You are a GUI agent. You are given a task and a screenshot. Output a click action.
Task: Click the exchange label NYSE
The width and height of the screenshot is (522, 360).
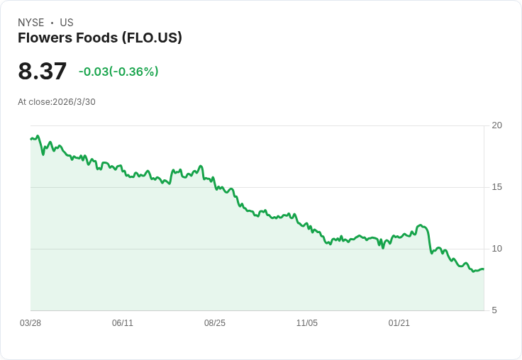click(x=31, y=23)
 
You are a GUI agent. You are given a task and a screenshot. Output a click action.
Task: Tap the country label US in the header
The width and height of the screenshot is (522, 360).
click(x=67, y=23)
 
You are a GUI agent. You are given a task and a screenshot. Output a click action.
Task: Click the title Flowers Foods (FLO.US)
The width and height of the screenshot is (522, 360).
click(x=100, y=38)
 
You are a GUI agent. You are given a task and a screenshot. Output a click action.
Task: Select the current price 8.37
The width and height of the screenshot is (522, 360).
click(x=43, y=72)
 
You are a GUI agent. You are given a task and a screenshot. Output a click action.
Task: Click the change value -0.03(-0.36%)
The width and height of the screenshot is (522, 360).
click(x=118, y=72)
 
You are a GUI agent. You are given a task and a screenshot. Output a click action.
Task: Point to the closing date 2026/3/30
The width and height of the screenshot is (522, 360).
click(x=74, y=102)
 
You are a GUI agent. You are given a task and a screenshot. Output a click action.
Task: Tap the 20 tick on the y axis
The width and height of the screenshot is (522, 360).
click(x=496, y=125)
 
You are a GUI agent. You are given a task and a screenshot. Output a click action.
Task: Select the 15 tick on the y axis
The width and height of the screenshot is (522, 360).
click(x=496, y=187)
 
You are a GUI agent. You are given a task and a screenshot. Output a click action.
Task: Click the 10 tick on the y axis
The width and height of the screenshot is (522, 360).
click(x=496, y=249)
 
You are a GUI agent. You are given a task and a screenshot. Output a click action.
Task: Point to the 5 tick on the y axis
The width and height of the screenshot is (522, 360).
click(x=494, y=310)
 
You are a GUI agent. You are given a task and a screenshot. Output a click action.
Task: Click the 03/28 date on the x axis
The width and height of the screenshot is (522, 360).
click(x=30, y=323)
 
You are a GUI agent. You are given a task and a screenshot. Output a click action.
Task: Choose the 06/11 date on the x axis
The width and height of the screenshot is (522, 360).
click(x=123, y=323)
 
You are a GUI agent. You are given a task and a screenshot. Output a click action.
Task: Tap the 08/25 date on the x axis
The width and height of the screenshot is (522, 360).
click(x=215, y=323)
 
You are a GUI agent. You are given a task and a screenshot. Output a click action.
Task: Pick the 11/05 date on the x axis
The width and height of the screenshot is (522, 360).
click(x=307, y=323)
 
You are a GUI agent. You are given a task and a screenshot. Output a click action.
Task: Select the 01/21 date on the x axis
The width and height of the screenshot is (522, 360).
click(x=399, y=323)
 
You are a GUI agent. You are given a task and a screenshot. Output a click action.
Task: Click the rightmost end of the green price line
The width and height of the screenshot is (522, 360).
click(x=484, y=269)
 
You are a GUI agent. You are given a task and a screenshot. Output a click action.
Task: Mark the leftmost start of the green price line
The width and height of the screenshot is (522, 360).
click(x=30, y=139)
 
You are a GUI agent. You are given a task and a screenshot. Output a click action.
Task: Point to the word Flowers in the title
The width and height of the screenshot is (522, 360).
click(x=41, y=38)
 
